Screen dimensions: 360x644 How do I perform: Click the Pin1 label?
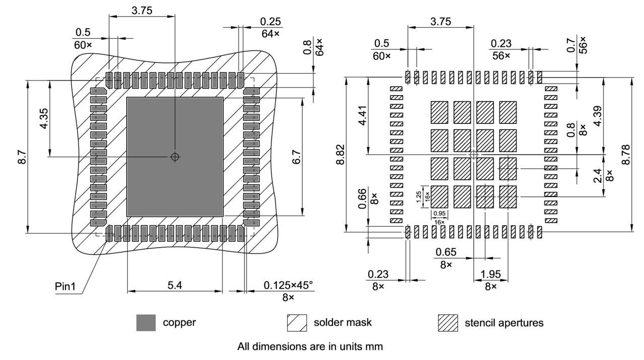coord(65,286)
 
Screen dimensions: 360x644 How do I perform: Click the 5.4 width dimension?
coord(175,285)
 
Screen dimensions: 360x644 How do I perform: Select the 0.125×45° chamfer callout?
coord(288,285)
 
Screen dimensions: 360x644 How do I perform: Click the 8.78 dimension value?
coord(625,154)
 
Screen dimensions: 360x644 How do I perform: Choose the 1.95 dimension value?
coord(491,274)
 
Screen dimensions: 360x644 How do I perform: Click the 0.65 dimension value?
coord(446,252)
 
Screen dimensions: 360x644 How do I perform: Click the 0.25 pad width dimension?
coord(271,22)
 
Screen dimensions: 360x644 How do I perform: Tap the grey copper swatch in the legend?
coord(146,323)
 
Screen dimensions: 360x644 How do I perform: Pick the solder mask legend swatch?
coord(297,323)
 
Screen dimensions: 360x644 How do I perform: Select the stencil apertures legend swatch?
coord(448,323)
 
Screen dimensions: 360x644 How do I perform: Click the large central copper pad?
coord(175,157)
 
